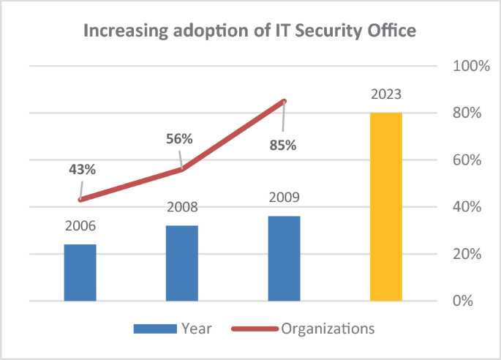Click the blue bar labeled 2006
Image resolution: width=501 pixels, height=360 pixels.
(x=80, y=272)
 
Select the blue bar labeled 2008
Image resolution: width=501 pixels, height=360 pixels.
(x=181, y=263)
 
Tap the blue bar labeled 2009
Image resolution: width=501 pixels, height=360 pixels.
(x=284, y=258)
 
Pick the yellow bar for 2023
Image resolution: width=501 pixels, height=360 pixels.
(x=385, y=206)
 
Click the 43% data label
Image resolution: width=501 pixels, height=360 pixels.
(x=82, y=168)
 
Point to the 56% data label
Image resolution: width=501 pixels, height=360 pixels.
(x=178, y=139)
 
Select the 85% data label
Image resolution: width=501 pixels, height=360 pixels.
(x=283, y=145)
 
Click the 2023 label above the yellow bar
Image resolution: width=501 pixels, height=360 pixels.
(x=385, y=94)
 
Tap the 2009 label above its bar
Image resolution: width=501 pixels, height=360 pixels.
(x=284, y=198)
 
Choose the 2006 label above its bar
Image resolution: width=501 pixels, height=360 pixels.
(x=80, y=226)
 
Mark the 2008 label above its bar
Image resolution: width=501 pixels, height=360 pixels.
(x=181, y=207)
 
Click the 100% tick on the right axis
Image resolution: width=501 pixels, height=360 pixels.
(x=472, y=67)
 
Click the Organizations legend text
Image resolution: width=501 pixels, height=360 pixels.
(x=328, y=329)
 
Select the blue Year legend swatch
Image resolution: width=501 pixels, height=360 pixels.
(x=154, y=329)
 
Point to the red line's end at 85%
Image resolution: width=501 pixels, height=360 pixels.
(x=284, y=101)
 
